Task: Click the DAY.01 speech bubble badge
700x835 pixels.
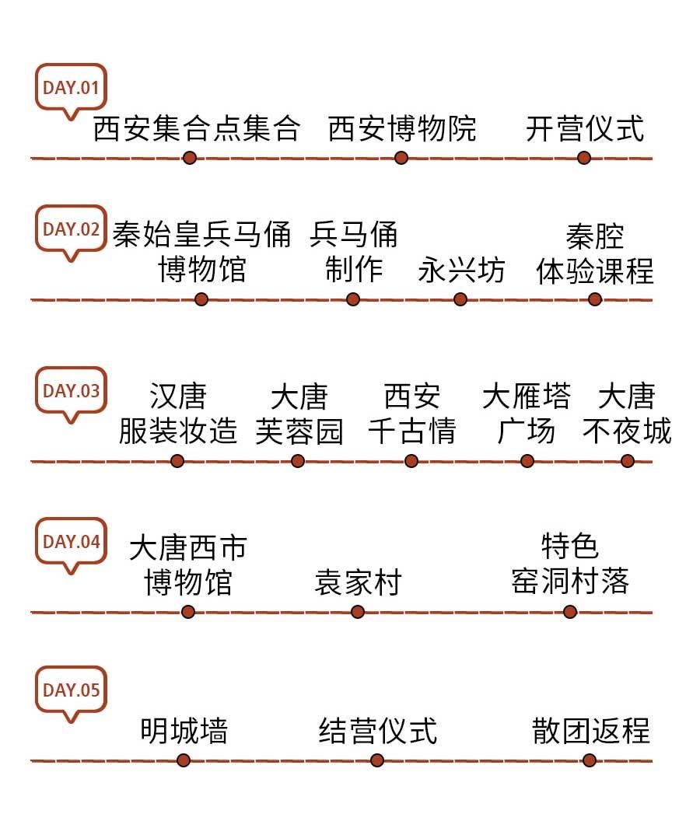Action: pyautogui.click(x=70, y=87)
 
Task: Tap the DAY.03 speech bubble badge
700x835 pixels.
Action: pyautogui.click(x=70, y=391)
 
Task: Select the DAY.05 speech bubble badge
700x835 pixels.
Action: pyautogui.click(x=70, y=690)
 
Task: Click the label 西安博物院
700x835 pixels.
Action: pyautogui.click(x=401, y=128)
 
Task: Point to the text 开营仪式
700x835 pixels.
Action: pyautogui.click(x=585, y=128)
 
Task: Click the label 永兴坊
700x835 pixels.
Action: pyautogui.click(x=461, y=270)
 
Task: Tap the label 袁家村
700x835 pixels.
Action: pyautogui.click(x=357, y=582)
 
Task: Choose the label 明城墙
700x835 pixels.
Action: pyautogui.click(x=184, y=731)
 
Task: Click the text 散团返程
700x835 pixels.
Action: pyautogui.click(x=590, y=731)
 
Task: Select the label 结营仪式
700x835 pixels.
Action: pyautogui.click(x=378, y=731)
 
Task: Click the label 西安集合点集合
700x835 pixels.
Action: pyautogui.click(x=196, y=128)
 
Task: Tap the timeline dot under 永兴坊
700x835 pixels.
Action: pyautogui.click(x=460, y=299)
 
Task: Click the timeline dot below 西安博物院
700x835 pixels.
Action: pyautogui.click(x=401, y=158)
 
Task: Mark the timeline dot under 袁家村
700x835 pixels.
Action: pyautogui.click(x=358, y=612)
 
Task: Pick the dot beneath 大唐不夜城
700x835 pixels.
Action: pyautogui.click(x=628, y=461)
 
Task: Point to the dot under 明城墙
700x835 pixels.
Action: pyautogui.click(x=184, y=760)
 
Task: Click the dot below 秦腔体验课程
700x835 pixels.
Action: pyautogui.click(x=595, y=299)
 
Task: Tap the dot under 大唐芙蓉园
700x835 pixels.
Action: pyautogui.click(x=298, y=461)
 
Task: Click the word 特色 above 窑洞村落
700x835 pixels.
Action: pyautogui.click(x=570, y=547)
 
